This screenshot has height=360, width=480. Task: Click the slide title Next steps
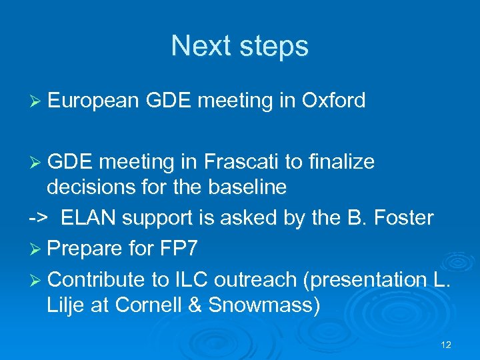tap(239, 47)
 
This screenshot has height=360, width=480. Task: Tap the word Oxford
tap(333, 101)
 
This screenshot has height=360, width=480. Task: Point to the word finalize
tap(342, 162)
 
